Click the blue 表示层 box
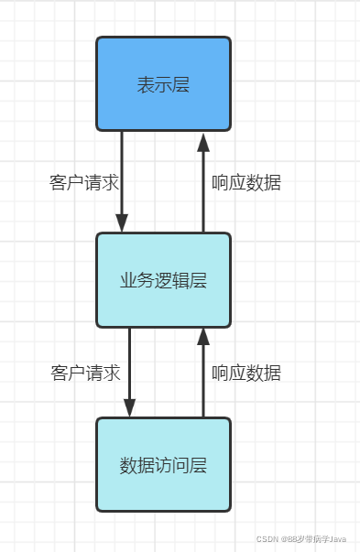[164, 83]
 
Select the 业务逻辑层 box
[164, 280]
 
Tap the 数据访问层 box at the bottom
[164, 464]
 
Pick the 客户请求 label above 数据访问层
[85, 373]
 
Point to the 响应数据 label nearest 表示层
[245, 182]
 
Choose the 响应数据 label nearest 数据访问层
[245, 373]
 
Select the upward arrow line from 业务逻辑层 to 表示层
[203, 188]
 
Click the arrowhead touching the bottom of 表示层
[203, 140]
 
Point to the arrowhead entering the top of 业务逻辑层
[121, 224]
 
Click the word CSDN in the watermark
[267, 539]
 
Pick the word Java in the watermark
[337, 539]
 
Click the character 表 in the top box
[144, 84]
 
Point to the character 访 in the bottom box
[164, 465]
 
